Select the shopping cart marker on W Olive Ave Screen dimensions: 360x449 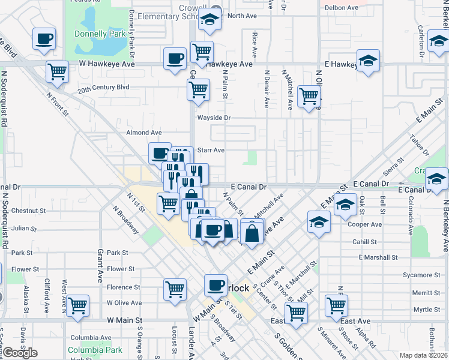click(78, 306)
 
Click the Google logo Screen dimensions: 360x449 click(20, 353)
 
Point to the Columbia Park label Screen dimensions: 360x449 click(95, 350)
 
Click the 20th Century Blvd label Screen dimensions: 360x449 click(103, 87)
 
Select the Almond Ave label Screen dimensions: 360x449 click(144, 133)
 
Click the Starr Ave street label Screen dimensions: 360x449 click(211, 150)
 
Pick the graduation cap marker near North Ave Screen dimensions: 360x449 click(210, 20)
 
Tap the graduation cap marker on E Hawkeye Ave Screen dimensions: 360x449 click(368, 61)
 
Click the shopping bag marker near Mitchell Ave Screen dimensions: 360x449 click(253, 232)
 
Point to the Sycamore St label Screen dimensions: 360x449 click(422, 275)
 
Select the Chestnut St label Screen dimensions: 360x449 click(28, 211)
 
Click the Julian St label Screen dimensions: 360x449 click(25, 229)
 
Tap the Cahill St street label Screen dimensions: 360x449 click(364, 242)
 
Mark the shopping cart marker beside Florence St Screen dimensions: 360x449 click(175, 289)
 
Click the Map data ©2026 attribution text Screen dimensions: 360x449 click(423, 355)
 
